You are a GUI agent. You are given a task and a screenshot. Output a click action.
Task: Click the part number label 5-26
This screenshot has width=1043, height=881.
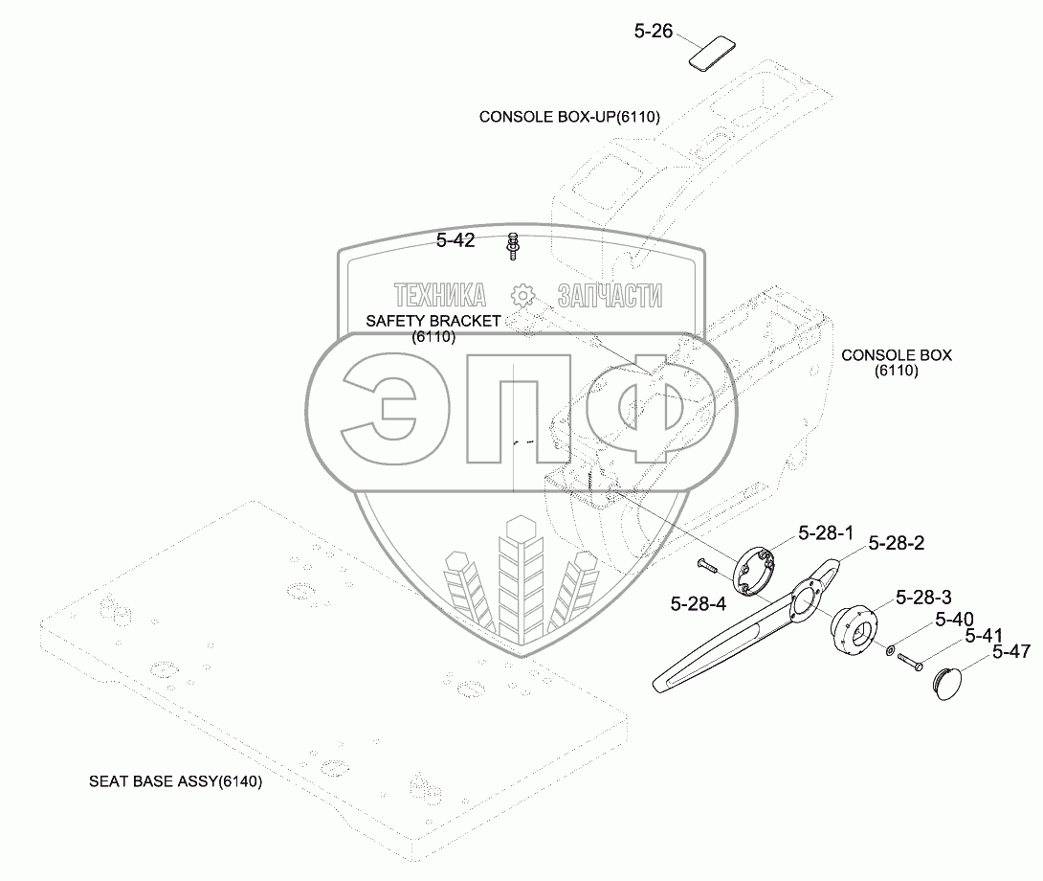click(x=654, y=32)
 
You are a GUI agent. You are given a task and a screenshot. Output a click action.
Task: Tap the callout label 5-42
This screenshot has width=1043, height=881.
click(x=455, y=241)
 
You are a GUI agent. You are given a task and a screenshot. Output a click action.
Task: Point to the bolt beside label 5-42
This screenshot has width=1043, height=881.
click(x=513, y=245)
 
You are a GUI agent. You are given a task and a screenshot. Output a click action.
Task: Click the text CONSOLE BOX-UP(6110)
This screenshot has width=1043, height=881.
click(x=569, y=117)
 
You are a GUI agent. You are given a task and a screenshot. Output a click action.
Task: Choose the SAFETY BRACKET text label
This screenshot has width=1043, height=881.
click(x=433, y=322)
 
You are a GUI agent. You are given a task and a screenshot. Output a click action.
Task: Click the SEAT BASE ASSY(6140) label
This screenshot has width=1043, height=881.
click(x=176, y=781)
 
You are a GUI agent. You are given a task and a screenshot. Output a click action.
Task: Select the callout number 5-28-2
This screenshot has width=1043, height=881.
click(x=897, y=543)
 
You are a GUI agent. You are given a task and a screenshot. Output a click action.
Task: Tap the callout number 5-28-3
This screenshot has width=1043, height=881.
click(x=923, y=598)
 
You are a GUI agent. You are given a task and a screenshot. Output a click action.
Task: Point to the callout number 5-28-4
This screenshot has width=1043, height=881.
click(x=699, y=603)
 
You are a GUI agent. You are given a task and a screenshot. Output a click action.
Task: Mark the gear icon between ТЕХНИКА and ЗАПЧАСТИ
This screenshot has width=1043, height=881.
click(x=521, y=295)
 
